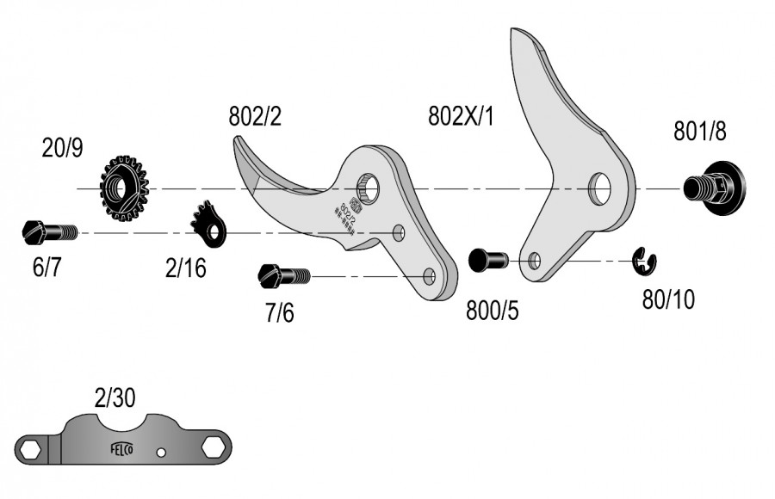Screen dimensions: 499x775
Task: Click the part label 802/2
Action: click(x=255, y=116)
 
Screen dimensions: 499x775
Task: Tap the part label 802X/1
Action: click(x=461, y=116)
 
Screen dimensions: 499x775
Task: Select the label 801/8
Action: click(x=699, y=132)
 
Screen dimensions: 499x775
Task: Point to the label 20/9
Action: click(x=63, y=149)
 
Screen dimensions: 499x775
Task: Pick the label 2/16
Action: click(x=186, y=268)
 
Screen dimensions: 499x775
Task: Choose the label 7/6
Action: click(x=279, y=312)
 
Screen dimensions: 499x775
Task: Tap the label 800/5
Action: click(x=493, y=311)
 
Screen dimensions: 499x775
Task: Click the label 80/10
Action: click(x=668, y=299)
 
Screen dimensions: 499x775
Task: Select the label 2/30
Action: click(x=115, y=397)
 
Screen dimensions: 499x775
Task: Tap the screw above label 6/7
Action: click(x=48, y=231)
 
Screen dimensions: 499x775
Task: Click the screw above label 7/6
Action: click(x=283, y=276)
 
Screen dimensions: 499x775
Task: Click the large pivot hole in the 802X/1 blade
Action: click(x=599, y=187)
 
